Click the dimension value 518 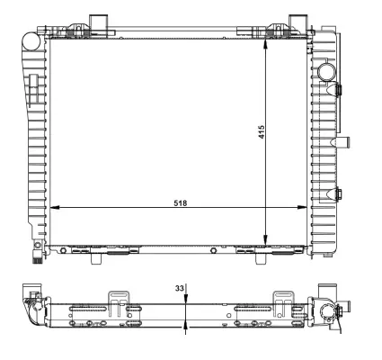(x=182, y=202)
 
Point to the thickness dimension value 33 (x=179, y=288)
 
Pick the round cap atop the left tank (x=30, y=40)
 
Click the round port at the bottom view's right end (x=328, y=311)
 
